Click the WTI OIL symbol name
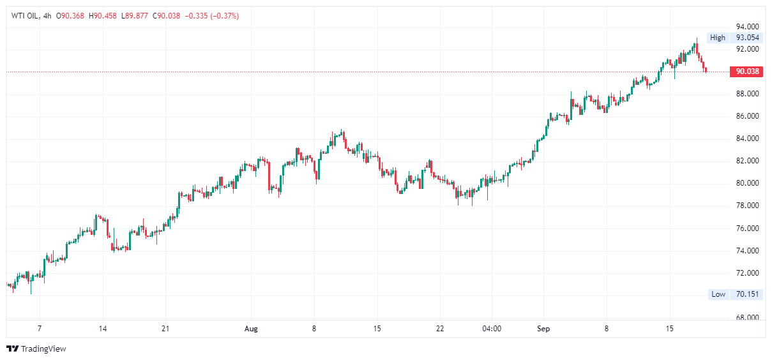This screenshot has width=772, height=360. pyautogui.click(x=25, y=16)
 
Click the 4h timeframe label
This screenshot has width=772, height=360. pyautogui.click(x=47, y=16)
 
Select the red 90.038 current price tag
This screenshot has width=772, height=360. pyautogui.click(x=747, y=71)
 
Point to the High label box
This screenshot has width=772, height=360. pyautogui.click(x=718, y=38)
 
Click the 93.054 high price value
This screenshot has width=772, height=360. pyautogui.click(x=747, y=38)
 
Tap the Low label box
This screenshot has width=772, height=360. pyautogui.click(x=718, y=294)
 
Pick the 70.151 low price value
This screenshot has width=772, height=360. pyautogui.click(x=747, y=294)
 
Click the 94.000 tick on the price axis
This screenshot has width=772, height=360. pyautogui.click(x=747, y=27)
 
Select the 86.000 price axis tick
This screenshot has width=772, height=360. pyautogui.click(x=747, y=116)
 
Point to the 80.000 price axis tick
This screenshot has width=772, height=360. pyautogui.click(x=747, y=183)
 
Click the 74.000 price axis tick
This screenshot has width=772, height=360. pyautogui.click(x=747, y=251)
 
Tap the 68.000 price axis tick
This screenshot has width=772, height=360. pyautogui.click(x=747, y=318)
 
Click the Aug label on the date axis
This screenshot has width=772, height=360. pyautogui.click(x=252, y=329)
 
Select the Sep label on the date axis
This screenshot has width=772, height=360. pyautogui.click(x=543, y=329)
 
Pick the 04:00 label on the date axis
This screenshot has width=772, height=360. pyautogui.click(x=491, y=329)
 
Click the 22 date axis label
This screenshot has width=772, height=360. pyautogui.click(x=440, y=329)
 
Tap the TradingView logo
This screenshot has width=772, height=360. pyautogui.click(x=36, y=349)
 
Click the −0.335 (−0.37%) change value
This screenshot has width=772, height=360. pyautogui.click(x=211, y=16)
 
